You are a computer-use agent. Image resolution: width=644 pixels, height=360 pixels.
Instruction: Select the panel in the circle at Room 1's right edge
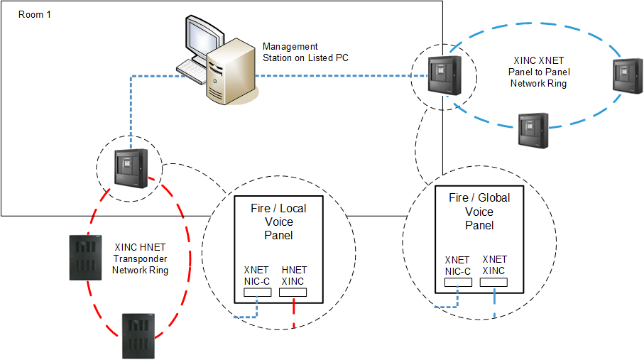click(444, 72)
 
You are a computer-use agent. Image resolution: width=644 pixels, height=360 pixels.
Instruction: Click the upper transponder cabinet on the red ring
click(84, 257)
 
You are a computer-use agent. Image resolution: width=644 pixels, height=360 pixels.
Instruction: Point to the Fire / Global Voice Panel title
click(479, 211)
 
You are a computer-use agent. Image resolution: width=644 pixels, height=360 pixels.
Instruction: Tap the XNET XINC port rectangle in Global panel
click(494, 282)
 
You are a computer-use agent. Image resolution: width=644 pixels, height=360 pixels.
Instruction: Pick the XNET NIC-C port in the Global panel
click(458, 282)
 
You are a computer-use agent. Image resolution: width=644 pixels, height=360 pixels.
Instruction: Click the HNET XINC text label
click(294, 276)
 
